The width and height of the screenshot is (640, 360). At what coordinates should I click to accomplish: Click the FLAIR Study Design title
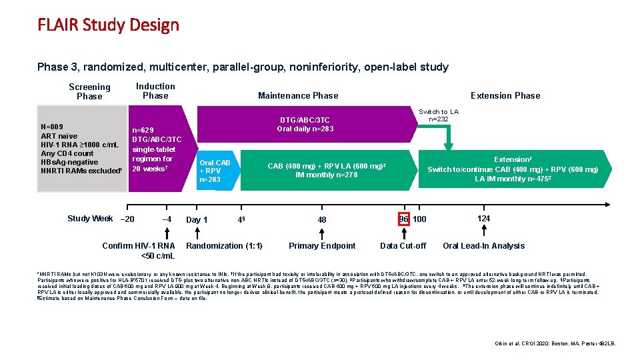[108, 25]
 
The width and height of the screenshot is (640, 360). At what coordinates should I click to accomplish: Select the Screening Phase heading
[89, 91]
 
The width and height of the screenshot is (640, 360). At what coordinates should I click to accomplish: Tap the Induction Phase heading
[155, 91]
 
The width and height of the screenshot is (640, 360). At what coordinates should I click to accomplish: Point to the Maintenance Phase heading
[298, 95]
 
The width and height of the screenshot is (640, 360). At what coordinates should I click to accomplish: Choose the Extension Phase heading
[505, 95]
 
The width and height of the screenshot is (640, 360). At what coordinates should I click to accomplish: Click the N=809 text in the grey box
[53, 126]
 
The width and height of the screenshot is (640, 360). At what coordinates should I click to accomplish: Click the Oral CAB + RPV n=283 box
[215, 171]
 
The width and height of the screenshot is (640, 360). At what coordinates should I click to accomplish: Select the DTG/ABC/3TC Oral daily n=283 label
[304, 125]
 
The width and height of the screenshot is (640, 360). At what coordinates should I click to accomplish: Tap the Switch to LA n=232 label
[439, 115]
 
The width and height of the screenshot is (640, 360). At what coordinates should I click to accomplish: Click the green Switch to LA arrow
[447, 137]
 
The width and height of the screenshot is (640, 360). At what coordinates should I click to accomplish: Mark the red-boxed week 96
[404, 219]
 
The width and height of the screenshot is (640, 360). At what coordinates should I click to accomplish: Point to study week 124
[483, 219]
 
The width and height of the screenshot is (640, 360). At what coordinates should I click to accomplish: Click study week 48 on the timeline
[322, 219]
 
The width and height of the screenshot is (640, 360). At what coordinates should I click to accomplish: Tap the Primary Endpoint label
[322, 246]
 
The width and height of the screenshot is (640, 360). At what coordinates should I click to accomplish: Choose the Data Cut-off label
[403, 246]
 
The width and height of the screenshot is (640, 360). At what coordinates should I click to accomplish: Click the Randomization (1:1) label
[225, 246]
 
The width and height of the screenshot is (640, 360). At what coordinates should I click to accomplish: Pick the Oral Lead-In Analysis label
[483, 246]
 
